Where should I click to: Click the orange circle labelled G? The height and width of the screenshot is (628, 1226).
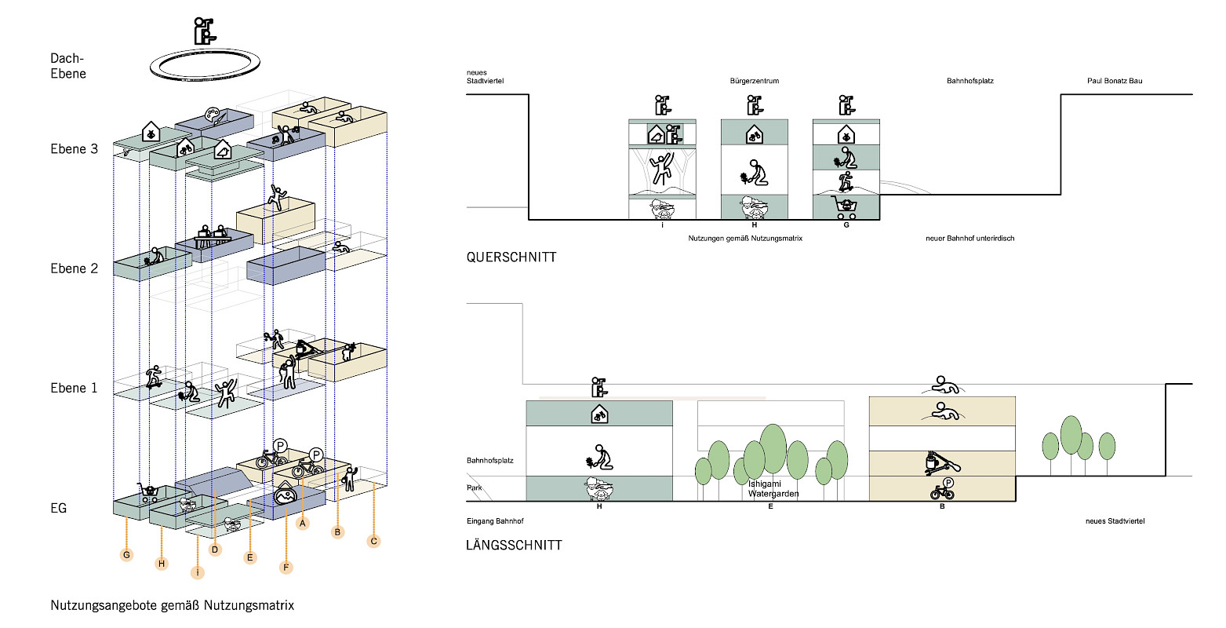126,555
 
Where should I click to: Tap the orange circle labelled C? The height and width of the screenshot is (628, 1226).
373,541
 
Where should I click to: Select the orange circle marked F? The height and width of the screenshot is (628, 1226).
286,567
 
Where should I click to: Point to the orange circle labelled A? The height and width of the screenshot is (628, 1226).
303,523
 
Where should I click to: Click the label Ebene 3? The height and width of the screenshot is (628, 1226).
74,149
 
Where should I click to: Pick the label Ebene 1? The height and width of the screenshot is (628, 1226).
74,388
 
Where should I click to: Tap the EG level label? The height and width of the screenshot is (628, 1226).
59,508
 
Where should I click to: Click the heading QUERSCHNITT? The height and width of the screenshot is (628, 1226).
511,257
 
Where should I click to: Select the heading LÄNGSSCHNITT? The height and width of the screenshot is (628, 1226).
514,545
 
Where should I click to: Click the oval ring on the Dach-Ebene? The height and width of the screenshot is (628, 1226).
204,64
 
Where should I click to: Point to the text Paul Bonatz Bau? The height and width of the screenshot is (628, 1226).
1115,81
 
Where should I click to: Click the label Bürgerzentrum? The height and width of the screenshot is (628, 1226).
754,81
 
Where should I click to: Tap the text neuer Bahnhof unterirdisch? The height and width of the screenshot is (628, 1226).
970,238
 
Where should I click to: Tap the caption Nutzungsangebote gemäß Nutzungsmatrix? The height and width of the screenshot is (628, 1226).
172,605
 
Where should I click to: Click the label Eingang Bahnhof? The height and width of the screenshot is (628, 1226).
495,521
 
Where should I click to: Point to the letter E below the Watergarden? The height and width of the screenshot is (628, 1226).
771,507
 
